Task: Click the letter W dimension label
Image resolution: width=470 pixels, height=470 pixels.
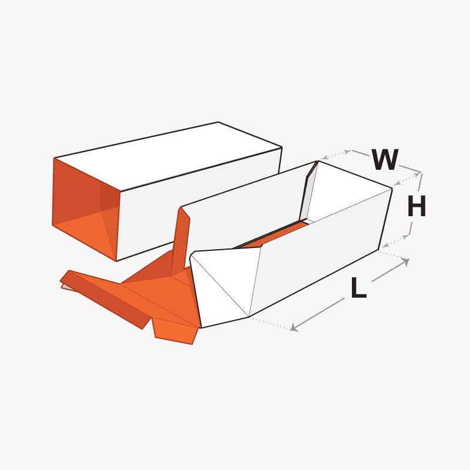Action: [385, 159]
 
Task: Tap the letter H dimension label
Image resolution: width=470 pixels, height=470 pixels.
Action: [417, 206]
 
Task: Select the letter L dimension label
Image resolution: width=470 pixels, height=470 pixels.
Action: [358, 288]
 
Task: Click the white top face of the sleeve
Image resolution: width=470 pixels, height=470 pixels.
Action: [168, 156]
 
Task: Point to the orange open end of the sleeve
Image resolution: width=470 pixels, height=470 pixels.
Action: [85, 210]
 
